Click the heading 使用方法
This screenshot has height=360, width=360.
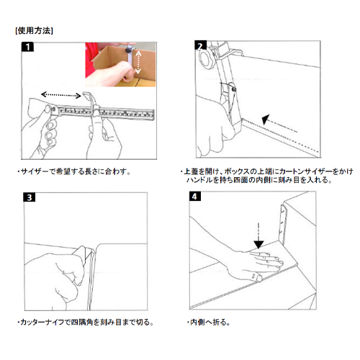pyautogui.click(x=34, y=31)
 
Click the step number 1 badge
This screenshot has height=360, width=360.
pyautogui.click(x=27, y=47)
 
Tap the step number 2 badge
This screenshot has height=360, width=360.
pyautogui.click(x=200, y=45)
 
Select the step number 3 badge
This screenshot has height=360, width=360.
pyautogui.click(x=30, y=197)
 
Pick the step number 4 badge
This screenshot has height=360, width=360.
pyautogui.click(x=195, y=197)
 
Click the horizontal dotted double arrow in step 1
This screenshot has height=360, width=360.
pyautogui.click(x=61, y=95)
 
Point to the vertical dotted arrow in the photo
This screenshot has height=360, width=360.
pyautogui.click(x=138, y=63)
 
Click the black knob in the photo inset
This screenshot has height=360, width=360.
pyautogui.click(x=129, y=50)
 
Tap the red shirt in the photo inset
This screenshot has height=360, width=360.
pyautogui.click(x=91, y=60)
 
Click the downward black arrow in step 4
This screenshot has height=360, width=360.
pyautogui.click(x=258, y=236)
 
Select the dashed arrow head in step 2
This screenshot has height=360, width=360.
pyautogui.click(x=266, y=120)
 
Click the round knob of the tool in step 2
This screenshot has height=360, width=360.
pyautogui.click(x=205, y=59)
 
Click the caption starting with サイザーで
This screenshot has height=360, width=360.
pyautogui.click(x=74, y=171)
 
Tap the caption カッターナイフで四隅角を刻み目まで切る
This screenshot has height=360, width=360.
pyautogui.click(x=86, y=322)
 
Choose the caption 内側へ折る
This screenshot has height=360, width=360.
pyautogui.click(x=208, y=322)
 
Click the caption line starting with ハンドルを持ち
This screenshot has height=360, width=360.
pyautogui.click(x=259, y=180)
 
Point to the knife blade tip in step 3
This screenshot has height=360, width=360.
pyautogui.click(x=92, y=250)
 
